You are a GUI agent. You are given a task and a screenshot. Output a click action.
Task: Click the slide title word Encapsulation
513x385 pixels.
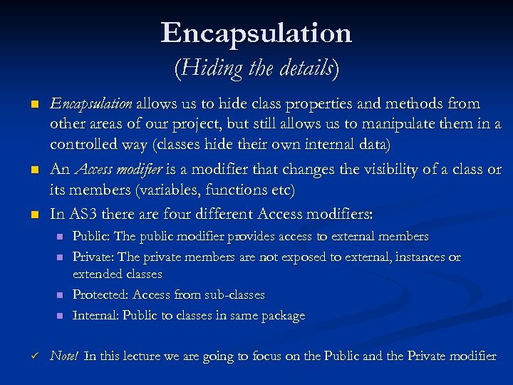tap(256, 33)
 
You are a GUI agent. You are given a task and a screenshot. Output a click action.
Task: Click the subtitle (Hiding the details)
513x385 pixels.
tap(256, 68)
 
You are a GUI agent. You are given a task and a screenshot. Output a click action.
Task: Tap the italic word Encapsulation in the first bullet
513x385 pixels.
tap(90, 104)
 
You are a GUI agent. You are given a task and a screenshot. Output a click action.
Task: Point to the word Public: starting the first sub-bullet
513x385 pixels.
tap(92, 237)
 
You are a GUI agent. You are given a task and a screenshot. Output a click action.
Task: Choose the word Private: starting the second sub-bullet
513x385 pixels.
tap(94, 257)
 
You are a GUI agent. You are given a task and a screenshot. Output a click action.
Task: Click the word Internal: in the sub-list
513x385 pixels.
tap(96, 316)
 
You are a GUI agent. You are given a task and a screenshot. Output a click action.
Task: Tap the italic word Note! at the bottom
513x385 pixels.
tap(64, 356)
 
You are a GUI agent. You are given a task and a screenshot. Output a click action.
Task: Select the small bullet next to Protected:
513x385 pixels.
tap(60, 295)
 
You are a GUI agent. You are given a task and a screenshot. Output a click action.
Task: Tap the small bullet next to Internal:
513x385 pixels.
tap(60, 316)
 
